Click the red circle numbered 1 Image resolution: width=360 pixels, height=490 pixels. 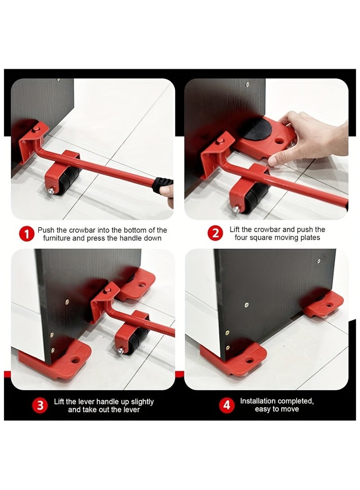point(27,234)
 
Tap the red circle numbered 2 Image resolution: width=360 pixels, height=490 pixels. point(216,233)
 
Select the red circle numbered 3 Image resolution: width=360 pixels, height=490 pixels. point(40,405)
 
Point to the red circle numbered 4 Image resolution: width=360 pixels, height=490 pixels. point(227,405)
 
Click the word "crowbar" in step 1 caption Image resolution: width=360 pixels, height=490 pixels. point(82,230)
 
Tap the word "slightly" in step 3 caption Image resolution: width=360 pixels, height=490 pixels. point(142,401)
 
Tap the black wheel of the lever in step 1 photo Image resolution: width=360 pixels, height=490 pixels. point(67,181)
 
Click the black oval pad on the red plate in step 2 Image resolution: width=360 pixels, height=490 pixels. point(258,129)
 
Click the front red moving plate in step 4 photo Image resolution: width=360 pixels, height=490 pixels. point(234,358)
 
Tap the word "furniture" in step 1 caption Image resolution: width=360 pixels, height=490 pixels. point(57,238)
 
